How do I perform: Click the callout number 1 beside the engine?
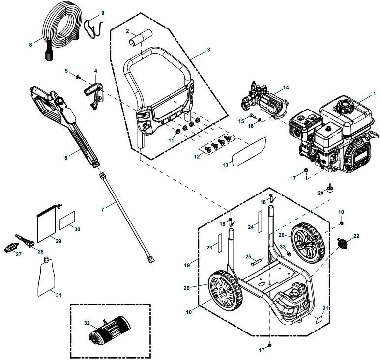point(374,93)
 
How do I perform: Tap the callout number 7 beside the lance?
point(103,209)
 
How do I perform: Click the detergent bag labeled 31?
point(48,277)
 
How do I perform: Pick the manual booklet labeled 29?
point(48,224)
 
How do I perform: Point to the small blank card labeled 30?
point(67,222)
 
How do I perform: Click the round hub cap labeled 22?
point(344,243)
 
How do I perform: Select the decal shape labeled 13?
point(249,152)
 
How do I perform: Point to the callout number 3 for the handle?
point(208,50)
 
